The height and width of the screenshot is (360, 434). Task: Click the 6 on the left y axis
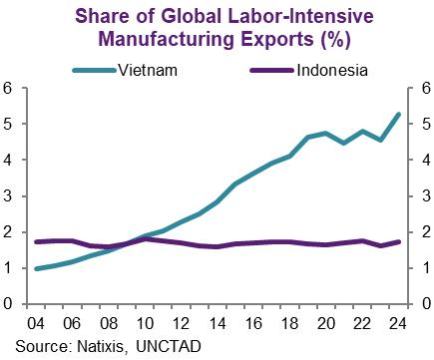pyautogui.click(x=8, y=88)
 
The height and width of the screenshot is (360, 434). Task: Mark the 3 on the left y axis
pyautogui.click(x=8, y=196)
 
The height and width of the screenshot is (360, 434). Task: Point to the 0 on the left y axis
pyautogui.click(x=8, y=304)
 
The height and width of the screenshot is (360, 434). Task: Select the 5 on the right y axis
pyautogui.click(x=426, y=124)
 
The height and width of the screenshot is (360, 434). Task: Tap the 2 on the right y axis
pyautogui.click(x=426, y=232)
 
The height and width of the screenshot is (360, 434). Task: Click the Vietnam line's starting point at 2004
pyautogui.click(x=36, y=268)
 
